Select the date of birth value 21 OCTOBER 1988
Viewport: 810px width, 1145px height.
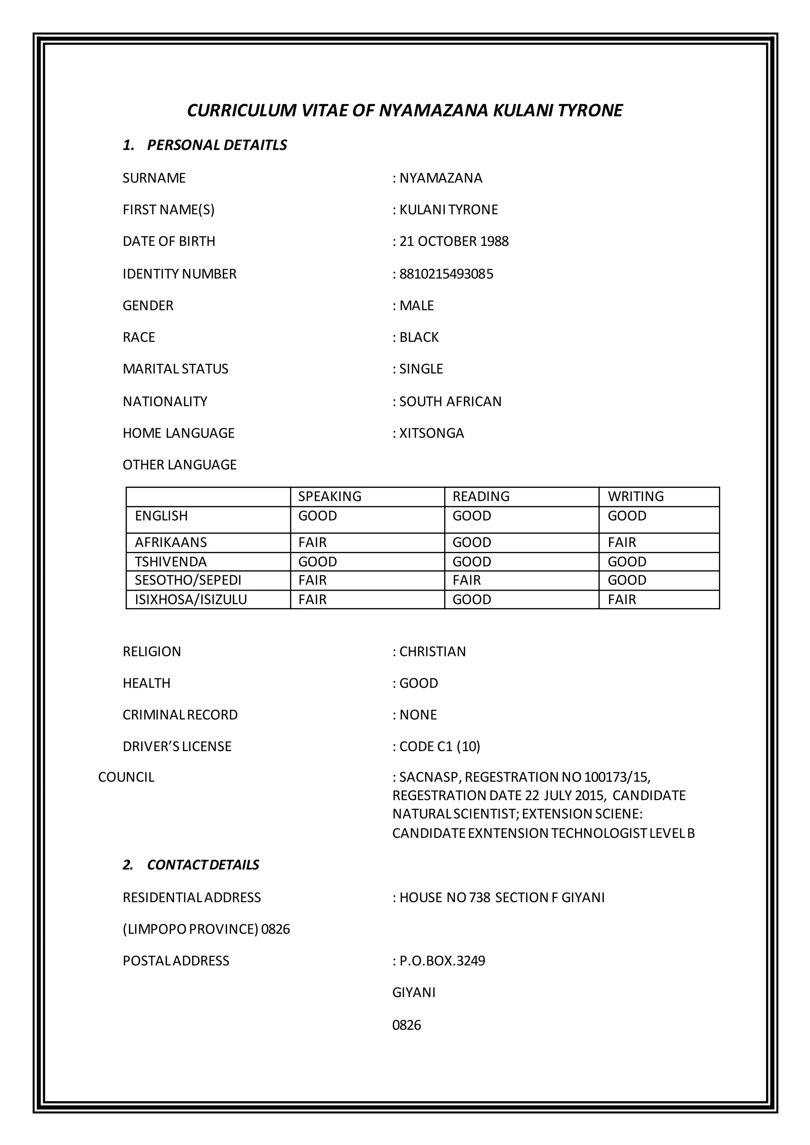click(454, 241)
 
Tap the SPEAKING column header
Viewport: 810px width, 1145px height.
click(330, 496)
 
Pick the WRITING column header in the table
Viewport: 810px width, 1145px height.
click(636, 496)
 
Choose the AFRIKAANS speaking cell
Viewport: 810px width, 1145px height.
click(313, 542)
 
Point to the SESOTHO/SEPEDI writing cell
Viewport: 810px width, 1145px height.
click(627, 580)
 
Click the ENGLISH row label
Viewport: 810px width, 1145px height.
click(161, 516)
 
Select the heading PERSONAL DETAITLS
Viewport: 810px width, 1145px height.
click(217, 145)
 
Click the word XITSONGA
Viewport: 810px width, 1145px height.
click(431, 433)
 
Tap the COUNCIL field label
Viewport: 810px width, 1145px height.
click(126, 777)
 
